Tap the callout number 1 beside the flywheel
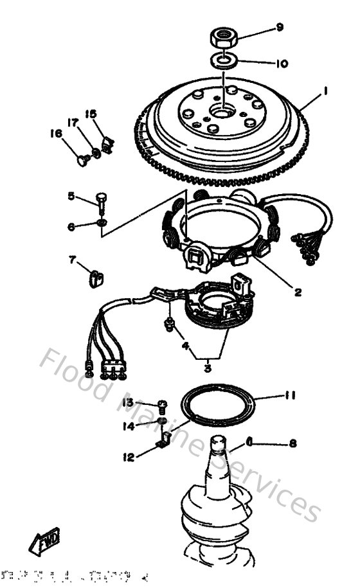click(x=326, y=92)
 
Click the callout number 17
click(x=73, y=122)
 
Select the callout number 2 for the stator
click(x=297, y=292)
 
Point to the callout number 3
click(x=207, y=368)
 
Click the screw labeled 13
click(x=161, y=405)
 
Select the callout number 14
click(x=129, y=425)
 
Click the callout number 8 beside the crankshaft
click(x=293, y=443)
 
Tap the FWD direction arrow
click(x=44, y=541)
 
